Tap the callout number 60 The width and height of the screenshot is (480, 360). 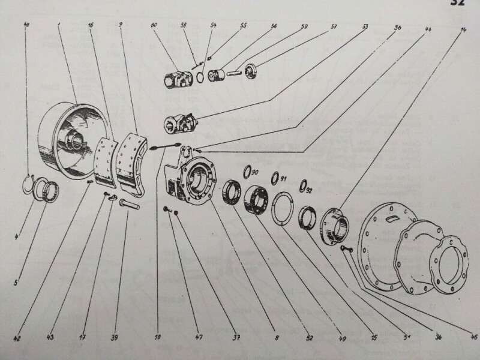coord(154,26)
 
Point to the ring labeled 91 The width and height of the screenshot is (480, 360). coord(276,178)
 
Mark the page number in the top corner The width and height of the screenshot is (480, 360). coord(464,4)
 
